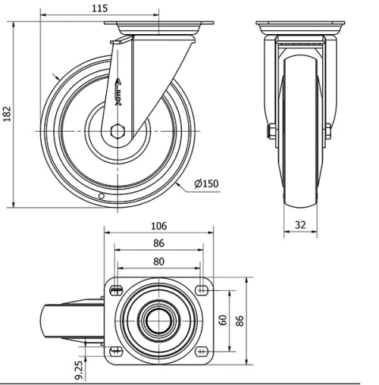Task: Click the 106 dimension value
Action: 158,226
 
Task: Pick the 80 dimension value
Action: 158,262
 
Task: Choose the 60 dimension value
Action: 222,318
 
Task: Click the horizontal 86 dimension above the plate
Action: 158,244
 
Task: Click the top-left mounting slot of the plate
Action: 117,287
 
